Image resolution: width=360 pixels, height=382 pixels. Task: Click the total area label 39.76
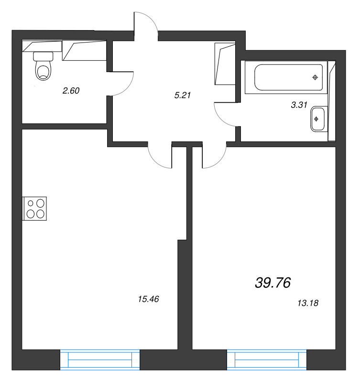[273, 283]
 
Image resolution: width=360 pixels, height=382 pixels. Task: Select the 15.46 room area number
[148, 299]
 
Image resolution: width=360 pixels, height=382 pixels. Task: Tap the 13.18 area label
[308, 303]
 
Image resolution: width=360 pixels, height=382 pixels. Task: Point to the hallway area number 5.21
[183, 95]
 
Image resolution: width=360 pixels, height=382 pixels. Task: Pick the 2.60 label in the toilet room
[71, 91]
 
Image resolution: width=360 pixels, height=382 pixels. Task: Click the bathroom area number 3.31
[299, 105]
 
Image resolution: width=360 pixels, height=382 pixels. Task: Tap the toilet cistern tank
[43, 56]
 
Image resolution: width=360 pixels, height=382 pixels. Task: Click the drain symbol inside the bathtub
[315, 77]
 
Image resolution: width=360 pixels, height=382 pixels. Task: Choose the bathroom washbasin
[319, 119]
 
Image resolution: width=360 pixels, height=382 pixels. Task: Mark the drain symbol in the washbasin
[316, 119]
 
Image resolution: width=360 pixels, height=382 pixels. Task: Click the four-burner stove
[34, 209]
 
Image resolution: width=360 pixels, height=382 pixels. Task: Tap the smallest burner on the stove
[31, 203]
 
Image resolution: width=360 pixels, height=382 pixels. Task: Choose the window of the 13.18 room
[267, 360]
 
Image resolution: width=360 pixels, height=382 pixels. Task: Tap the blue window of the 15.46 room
[100, 360]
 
